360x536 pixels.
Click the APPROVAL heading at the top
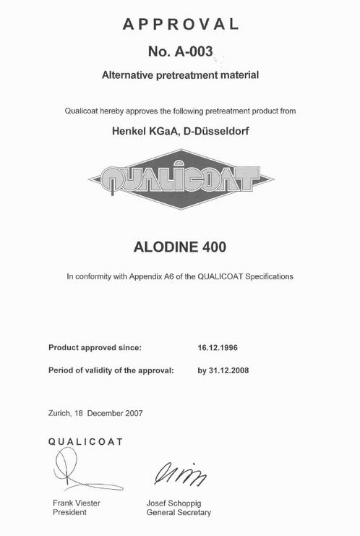click(180, 24)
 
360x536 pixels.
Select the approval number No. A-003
click(180, 52)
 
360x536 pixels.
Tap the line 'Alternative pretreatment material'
click(180, 75)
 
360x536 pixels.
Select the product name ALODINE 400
click(180, 246)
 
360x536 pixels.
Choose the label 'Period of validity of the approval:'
click(111, 370)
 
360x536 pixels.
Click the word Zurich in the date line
click(61, 413)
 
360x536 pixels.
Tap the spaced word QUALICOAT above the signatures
click(85, 441)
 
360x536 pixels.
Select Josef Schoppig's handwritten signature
click(179, 475)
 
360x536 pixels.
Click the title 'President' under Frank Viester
click(69, 512)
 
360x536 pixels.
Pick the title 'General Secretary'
click(179, 512)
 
